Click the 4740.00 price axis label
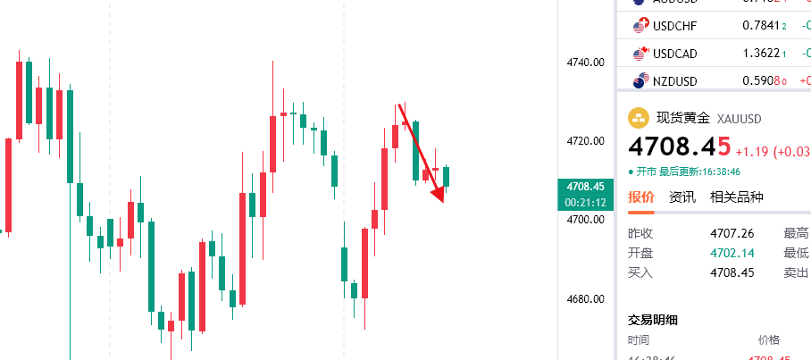(x=587, y=63)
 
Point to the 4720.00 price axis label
(x=587, y=141)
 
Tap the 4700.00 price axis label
(x=587, y=220)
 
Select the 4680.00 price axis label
(x=587, y=298)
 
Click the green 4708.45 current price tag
(x=586, y=187)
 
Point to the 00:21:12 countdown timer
(x=586, y=203)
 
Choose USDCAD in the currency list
(x=674, y=54)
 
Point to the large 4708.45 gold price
(x=679, y=146)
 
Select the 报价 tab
(x=640, y=197)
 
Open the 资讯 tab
(x=682, y=197)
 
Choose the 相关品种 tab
(x=736, y=197)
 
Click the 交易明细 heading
(x=654, y=319)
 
